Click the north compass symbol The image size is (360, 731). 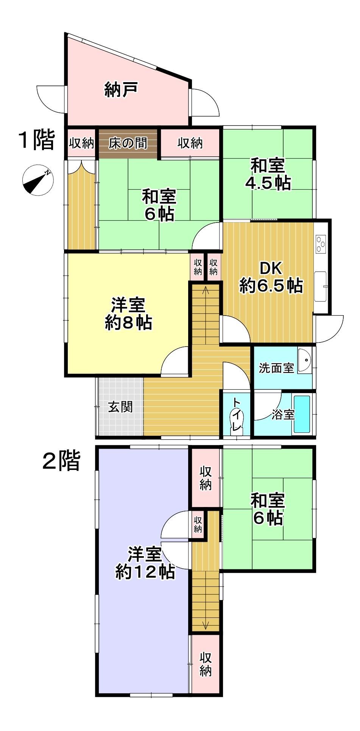38,181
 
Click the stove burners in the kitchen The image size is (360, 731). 321,244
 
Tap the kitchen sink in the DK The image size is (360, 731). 321,286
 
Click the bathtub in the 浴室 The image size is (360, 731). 302,414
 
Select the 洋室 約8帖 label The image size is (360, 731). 128,314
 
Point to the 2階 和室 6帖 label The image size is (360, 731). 268,509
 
